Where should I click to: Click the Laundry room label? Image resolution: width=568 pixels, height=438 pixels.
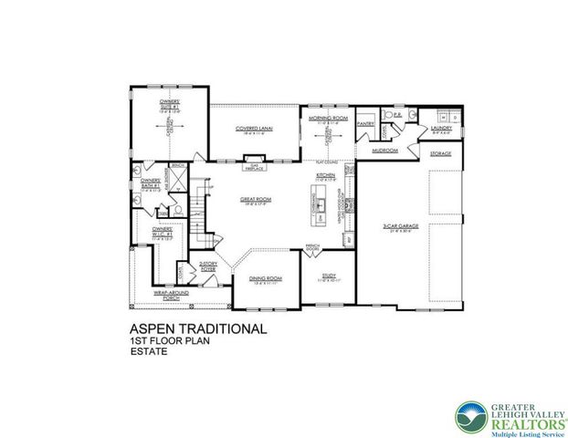(x=442, y=129)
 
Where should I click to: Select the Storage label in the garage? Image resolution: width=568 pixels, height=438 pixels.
(x=441, y=154)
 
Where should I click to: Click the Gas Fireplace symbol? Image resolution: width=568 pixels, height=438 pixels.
(x=255, y=167)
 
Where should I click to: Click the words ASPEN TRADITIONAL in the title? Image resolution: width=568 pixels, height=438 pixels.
(x=198, y=328)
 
